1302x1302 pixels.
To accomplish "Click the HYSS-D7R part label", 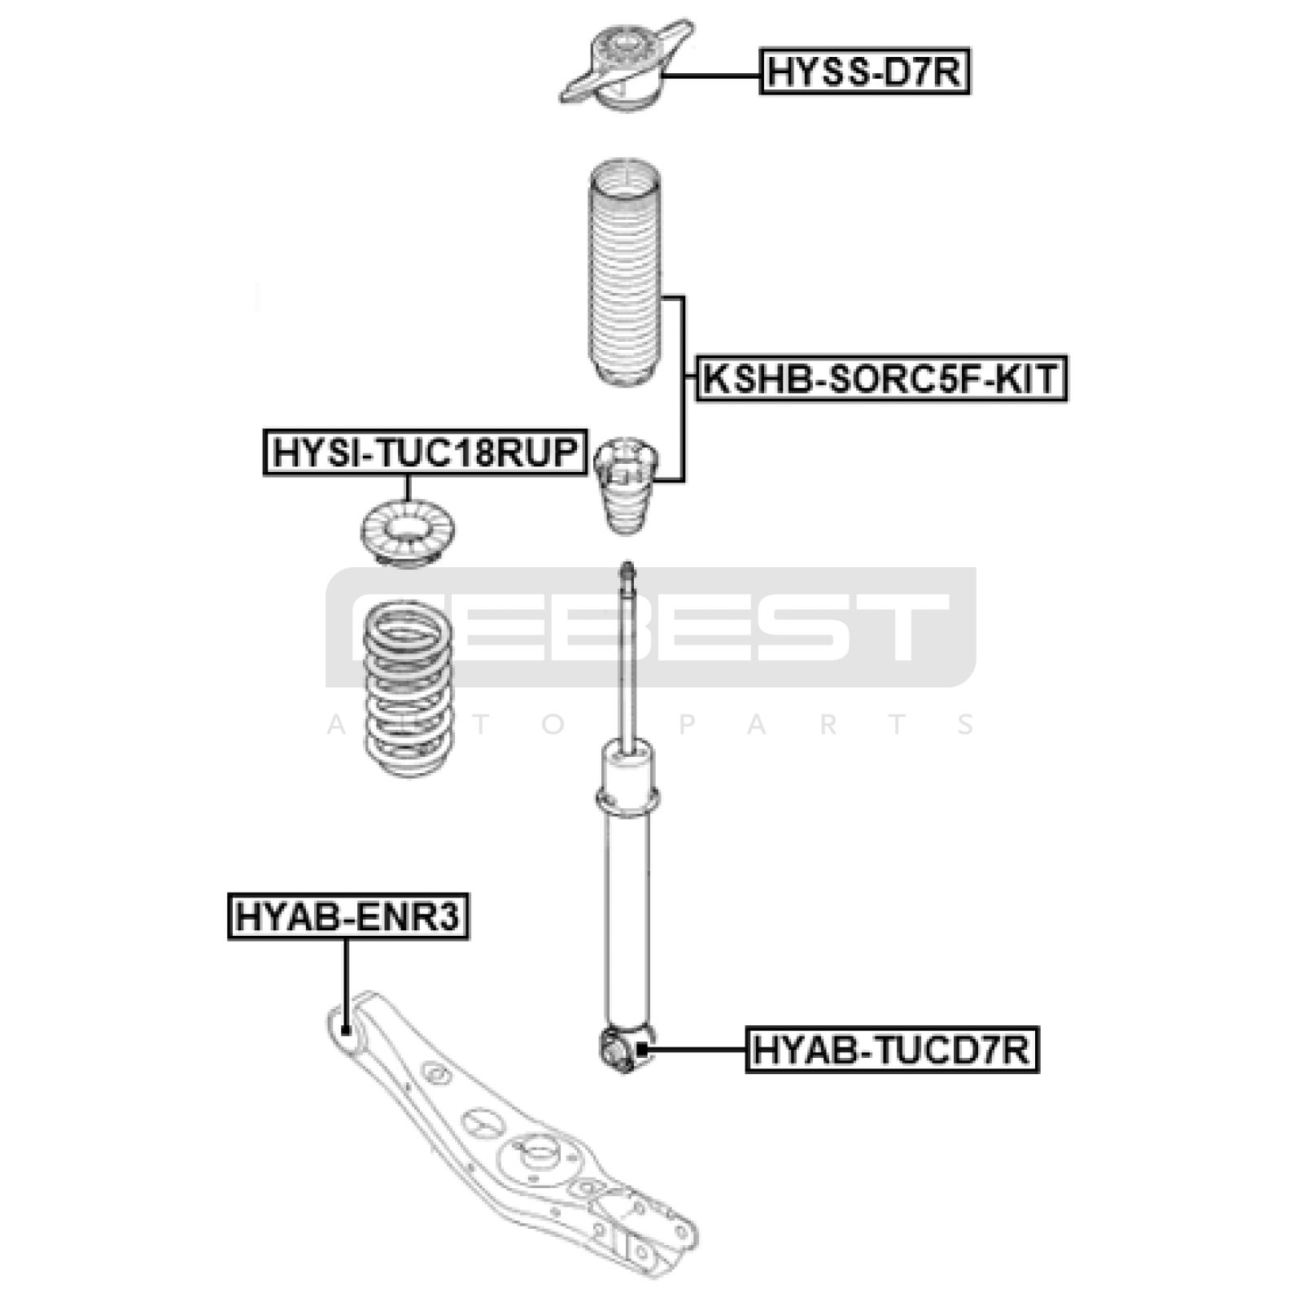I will click(864, 72).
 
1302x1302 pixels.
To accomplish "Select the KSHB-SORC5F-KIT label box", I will click(880, 378).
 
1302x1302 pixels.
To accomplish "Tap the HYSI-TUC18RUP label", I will click(426, 452).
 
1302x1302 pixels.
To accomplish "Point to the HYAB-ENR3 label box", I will click(348, 916).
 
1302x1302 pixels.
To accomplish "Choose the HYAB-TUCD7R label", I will click(892, 1049).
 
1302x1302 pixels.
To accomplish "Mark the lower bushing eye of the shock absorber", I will click(623, 1050).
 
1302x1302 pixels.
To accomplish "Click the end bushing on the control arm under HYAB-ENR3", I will click(345, 1032).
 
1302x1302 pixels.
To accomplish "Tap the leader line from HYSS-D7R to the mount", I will click(712, 75).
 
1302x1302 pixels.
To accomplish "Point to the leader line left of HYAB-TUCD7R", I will click(696, 1049).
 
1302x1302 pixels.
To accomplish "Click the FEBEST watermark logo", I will click(651, 627).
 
